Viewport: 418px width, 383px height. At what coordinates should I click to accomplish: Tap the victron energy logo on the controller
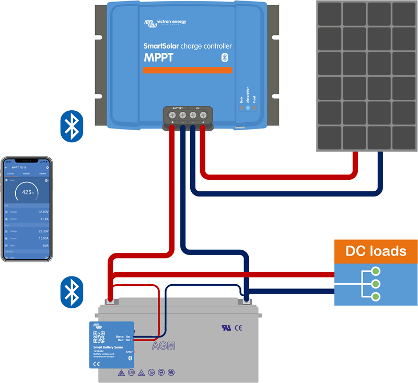click(x=165, y=22)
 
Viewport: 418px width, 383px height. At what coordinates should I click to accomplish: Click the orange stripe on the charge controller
click(x=187, y=70)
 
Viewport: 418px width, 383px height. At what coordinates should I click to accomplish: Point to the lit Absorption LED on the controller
click(x=248, y=108)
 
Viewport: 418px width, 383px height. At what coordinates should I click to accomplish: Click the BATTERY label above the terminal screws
click(x=178, y=107)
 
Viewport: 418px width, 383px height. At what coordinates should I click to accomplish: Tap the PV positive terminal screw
click(x=203, y=115)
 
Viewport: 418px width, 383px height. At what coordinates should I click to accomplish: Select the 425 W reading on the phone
click(x=27, y=192)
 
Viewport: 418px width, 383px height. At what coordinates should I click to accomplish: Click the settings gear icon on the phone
click(x=48, y=167)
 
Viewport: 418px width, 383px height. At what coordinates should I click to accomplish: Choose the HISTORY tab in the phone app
click(x=26, y=173)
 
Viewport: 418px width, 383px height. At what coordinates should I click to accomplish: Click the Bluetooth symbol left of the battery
click(x=71, y=291)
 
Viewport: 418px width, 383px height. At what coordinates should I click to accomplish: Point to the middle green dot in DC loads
click(x=376, y=284)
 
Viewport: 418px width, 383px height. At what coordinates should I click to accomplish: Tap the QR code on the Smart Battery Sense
click(x=99, y=337)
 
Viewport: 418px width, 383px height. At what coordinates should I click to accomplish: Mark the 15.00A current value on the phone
click(x=42, y=238)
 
